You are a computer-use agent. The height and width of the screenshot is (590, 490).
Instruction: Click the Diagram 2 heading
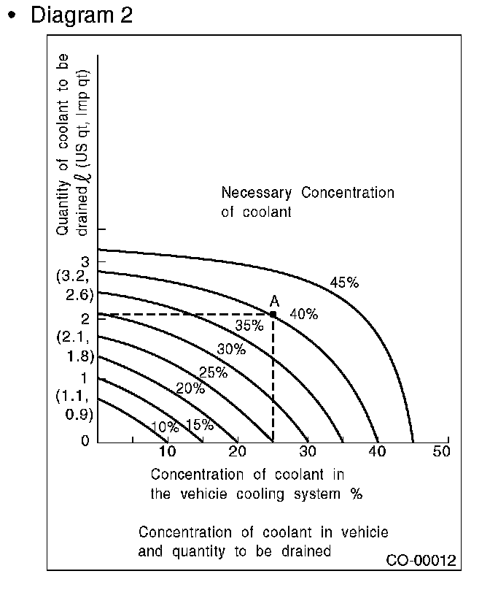80,15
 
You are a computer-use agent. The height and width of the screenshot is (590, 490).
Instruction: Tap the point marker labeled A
273,315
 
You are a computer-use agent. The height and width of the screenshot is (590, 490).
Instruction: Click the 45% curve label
344,283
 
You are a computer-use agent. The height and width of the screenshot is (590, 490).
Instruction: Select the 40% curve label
303,314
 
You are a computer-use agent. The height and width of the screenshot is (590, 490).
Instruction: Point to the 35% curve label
249,326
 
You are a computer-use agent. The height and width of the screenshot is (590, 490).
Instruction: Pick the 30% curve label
230,349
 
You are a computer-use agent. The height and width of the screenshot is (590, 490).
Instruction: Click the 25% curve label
213,372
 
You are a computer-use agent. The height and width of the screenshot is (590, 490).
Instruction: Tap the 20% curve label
190,388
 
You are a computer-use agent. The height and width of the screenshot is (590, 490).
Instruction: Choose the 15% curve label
199,425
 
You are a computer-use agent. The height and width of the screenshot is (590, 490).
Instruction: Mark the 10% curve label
164,427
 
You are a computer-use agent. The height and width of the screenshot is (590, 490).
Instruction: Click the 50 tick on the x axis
442,452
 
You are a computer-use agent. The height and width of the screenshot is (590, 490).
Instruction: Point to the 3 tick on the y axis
85,261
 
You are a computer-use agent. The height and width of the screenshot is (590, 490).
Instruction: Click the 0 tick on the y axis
85,440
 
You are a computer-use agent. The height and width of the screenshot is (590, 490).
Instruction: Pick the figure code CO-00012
421,561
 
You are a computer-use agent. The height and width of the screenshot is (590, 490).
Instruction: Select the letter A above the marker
274,301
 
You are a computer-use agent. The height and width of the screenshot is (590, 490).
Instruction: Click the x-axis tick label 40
376,452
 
